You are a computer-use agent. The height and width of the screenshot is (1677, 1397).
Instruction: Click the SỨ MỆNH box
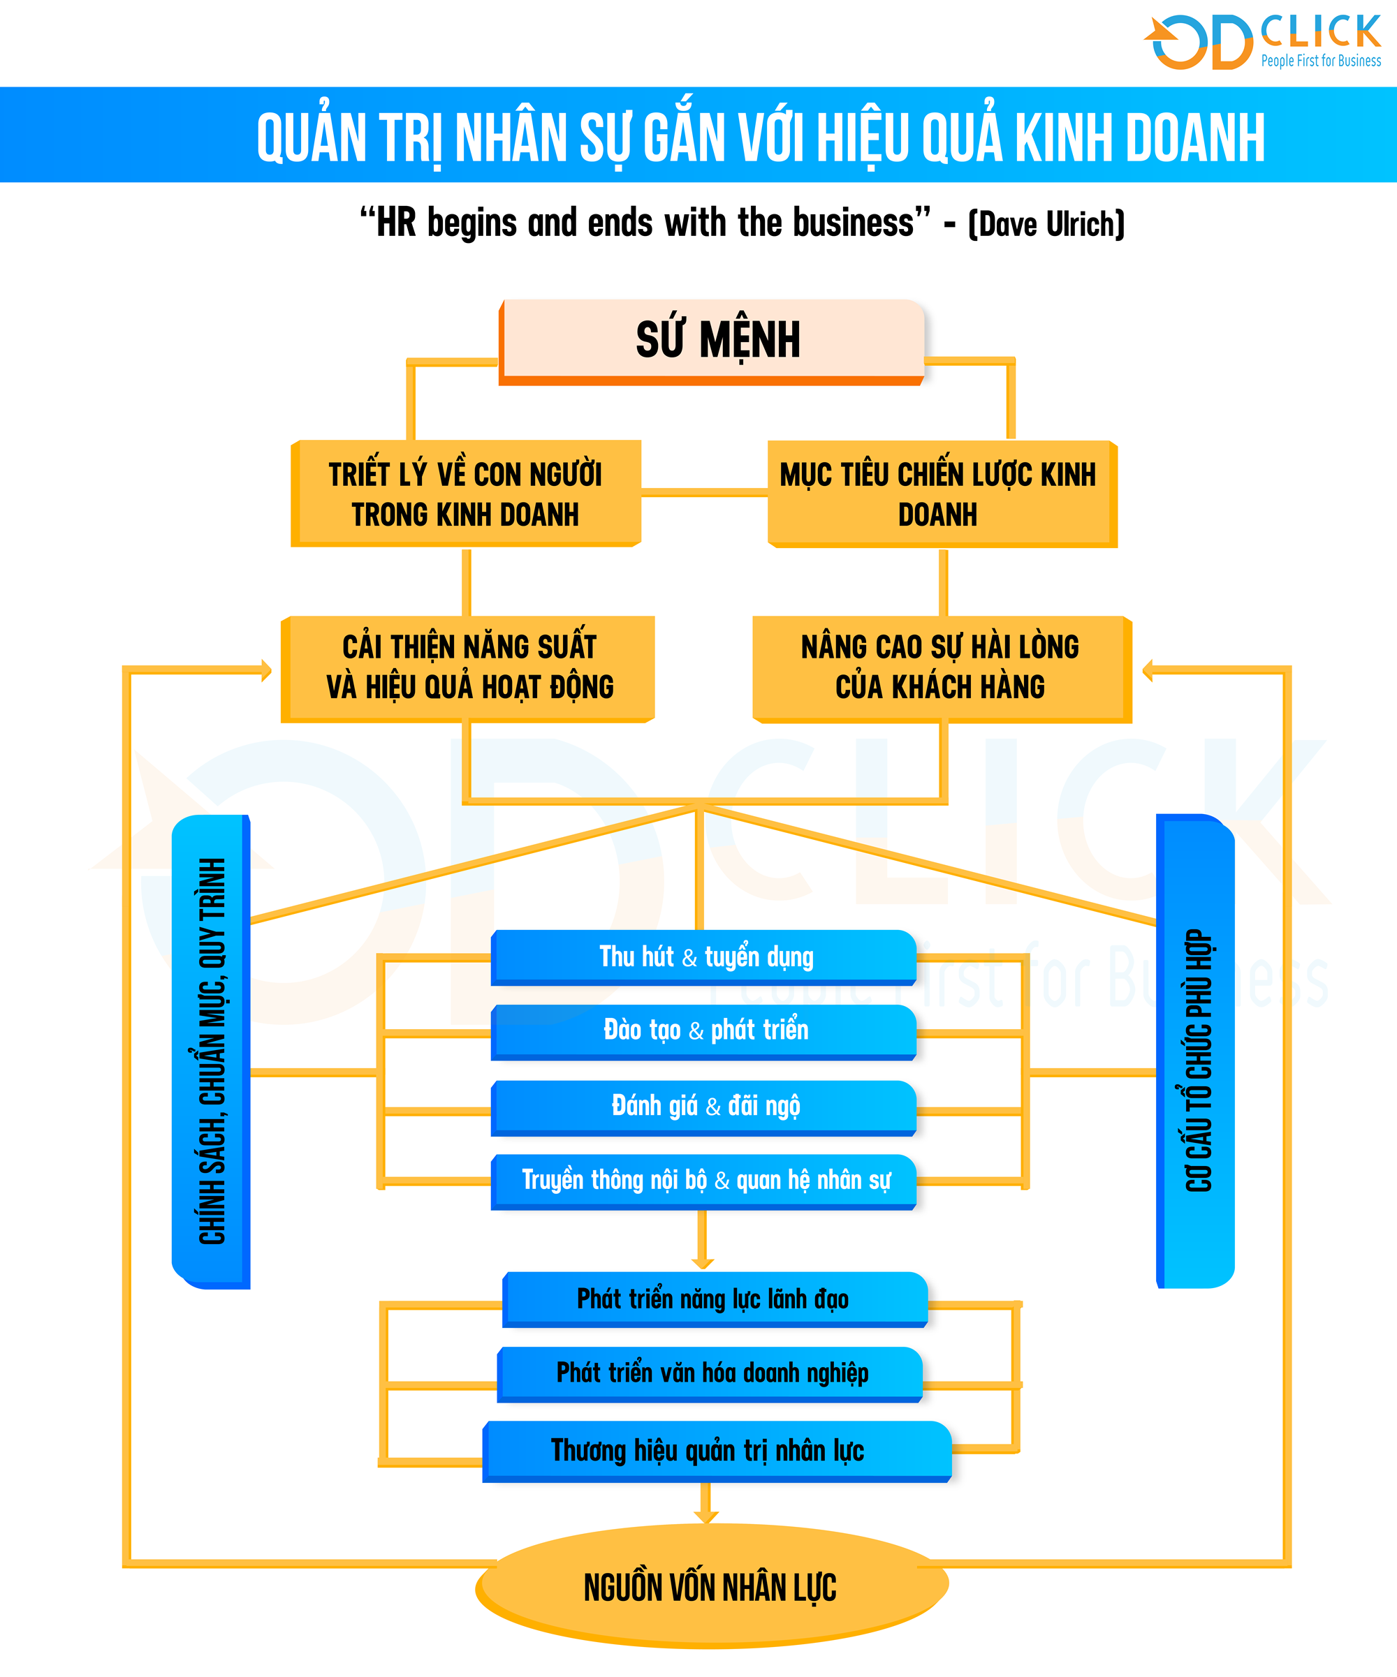point(712,342)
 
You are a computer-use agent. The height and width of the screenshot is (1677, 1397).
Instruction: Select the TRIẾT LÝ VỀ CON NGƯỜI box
point(466,494)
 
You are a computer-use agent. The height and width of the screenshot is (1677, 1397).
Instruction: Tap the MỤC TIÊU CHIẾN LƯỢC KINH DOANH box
point(942,494)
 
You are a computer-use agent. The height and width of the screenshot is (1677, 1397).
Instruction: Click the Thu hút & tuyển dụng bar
point(703,956)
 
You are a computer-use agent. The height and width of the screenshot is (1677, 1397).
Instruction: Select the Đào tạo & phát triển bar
point(703,1032)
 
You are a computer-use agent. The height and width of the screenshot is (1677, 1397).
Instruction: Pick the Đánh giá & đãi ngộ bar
point(703,1107)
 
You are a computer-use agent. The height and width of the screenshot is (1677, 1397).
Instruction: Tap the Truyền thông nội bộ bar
point(703,1182)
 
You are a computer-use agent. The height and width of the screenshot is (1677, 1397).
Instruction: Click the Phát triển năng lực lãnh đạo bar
point(715,1299)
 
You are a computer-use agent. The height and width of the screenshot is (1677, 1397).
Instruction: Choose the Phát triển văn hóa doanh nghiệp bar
point(710,1374)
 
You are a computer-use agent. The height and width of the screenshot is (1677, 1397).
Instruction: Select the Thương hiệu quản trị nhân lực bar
point(717,1451)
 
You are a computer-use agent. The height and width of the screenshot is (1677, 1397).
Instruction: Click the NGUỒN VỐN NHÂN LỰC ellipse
point(712,1586)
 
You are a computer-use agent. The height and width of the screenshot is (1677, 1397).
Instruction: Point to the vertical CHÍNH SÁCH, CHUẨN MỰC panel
point(211,1051)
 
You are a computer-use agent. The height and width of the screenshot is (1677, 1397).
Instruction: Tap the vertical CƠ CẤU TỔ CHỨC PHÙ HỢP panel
point(1196,1051)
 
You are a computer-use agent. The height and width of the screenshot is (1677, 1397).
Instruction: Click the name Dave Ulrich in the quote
point(1046,224)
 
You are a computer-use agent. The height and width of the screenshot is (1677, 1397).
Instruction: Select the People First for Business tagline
point(1321,61)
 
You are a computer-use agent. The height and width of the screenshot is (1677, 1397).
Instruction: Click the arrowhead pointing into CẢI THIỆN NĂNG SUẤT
point(267,671)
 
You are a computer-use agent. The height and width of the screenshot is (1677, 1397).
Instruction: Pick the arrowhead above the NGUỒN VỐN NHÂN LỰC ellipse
point(706,1516)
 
